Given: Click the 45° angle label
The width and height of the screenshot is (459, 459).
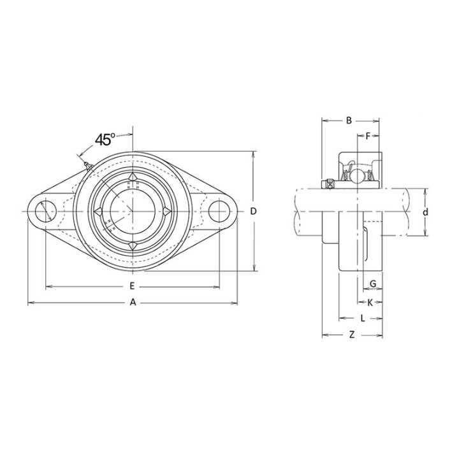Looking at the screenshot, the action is click(x=105, y=140).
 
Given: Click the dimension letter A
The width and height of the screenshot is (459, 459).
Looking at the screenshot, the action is click(x=133, y=302).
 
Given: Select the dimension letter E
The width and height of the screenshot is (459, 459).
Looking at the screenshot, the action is click(x=132, y=286).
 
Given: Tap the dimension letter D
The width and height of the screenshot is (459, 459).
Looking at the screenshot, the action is click(x=253, y=211).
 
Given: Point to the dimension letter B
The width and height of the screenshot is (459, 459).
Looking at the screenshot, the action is click(x=349, y=120).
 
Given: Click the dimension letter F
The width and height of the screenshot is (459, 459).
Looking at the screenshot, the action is click(x=368, y=136).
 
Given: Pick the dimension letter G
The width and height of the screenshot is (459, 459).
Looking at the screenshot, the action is click(x=373, y=284).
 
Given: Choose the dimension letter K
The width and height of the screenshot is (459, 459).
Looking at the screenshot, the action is click(x=370, y=303).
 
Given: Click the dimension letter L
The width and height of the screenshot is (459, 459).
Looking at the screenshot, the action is click(x=363, y=318).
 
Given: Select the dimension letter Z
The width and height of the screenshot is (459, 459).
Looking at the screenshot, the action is click(x=352, y=334).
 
